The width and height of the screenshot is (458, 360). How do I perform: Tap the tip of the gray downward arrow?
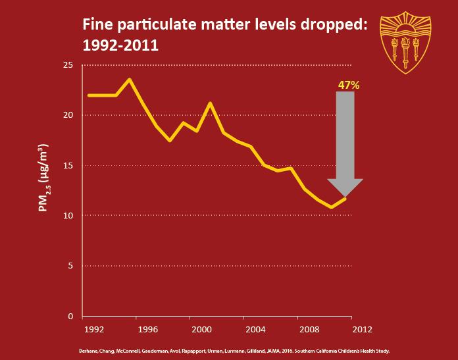[345, 197]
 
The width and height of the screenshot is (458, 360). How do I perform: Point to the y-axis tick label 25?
[68, 65]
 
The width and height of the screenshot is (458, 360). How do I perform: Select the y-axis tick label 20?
[68, 115]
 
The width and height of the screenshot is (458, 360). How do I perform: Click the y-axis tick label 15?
[68, 165]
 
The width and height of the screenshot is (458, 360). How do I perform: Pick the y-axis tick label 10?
[68, 216]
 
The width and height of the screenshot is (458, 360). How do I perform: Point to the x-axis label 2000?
[200, 328]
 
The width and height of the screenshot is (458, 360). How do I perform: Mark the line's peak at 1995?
[130, 80]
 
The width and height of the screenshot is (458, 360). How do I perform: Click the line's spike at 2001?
[210, 103]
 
